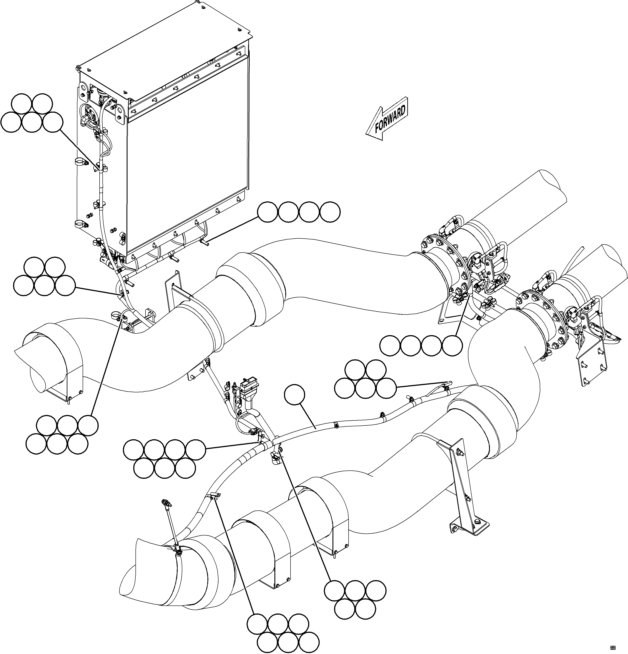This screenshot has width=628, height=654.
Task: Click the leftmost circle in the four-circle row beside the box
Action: point(267,212)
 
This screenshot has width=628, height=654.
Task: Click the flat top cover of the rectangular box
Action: point(160,50)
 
